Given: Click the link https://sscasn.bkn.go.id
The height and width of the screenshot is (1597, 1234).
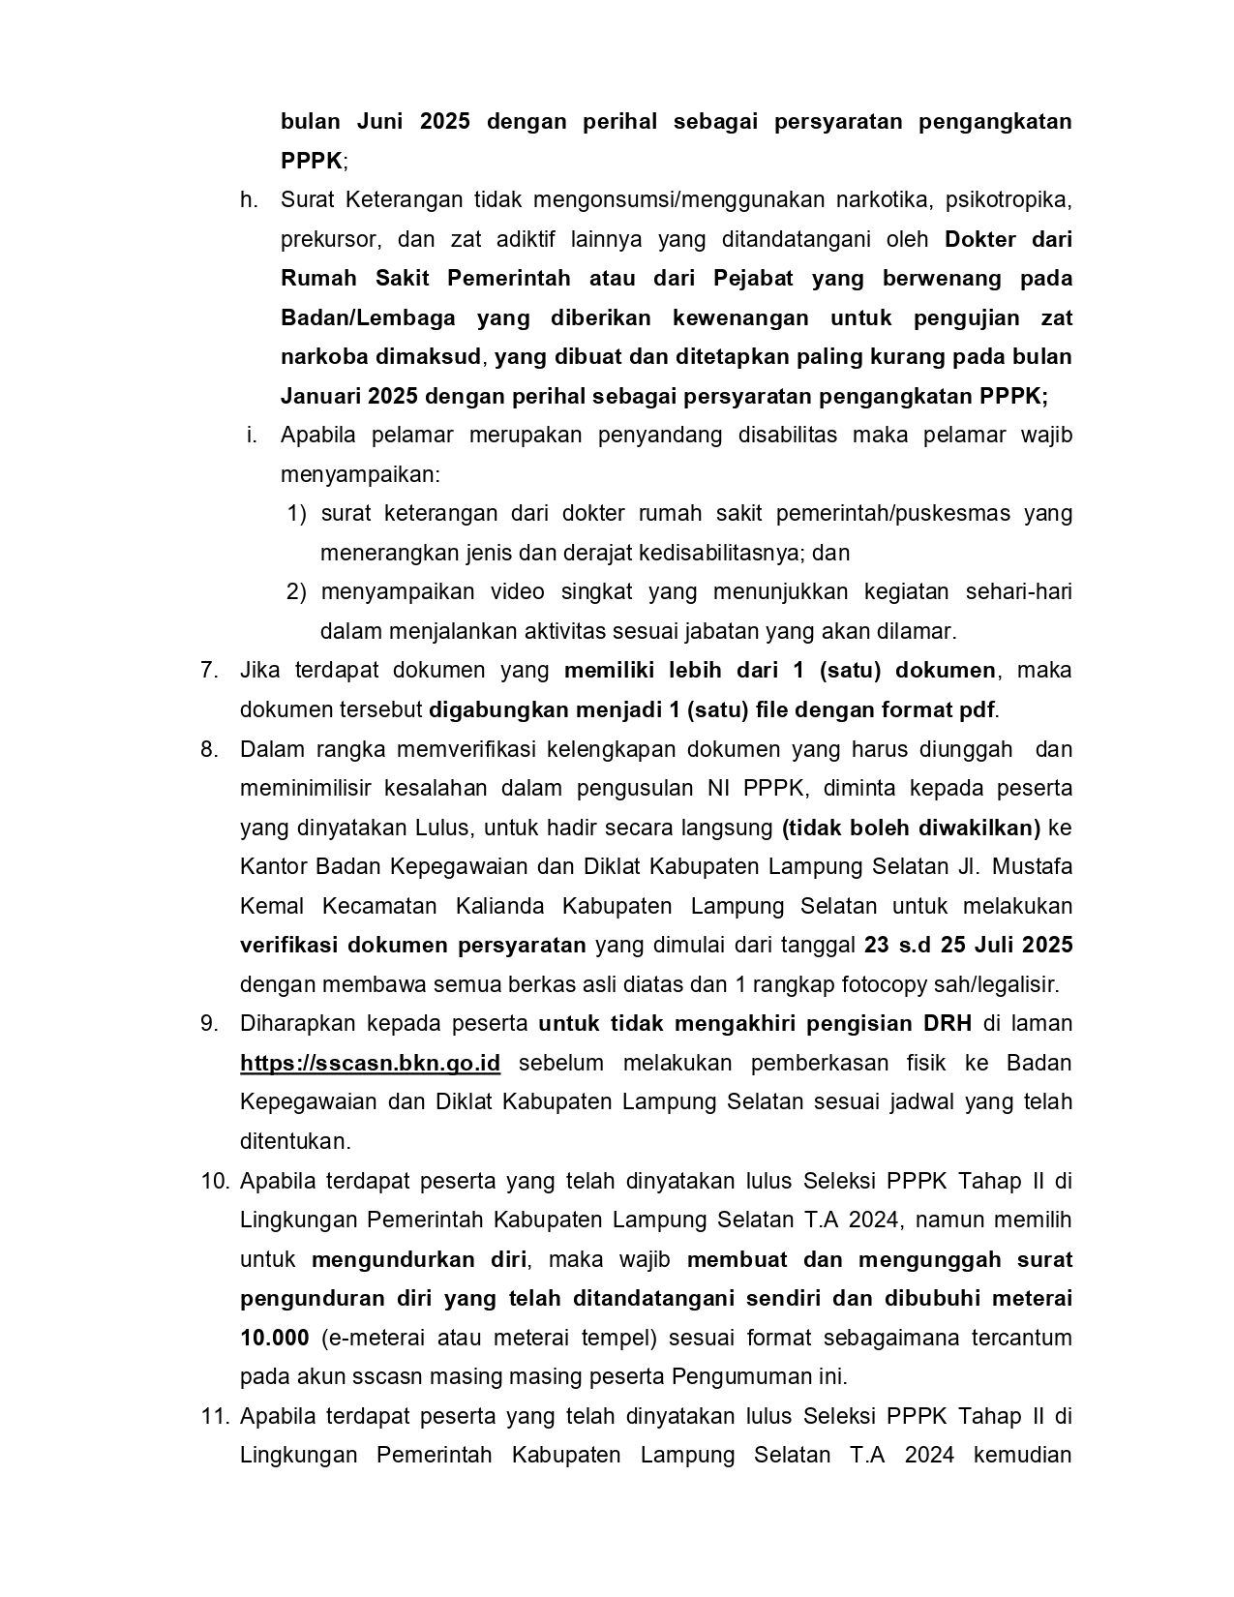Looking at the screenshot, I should [x=370, y=1063].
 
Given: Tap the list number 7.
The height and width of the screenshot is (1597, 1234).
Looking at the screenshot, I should [x=208, y=670].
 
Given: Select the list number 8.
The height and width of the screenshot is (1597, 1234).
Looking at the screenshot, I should [x=208, y=749].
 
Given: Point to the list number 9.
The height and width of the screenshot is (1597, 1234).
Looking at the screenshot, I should [x=208, y=1023].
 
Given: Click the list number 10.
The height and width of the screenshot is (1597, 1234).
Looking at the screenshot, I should [x=214, y=1181].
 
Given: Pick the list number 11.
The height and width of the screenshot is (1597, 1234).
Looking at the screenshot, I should [x=214, y=1416].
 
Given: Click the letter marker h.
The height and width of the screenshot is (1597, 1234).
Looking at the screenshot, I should [x=250, y=199].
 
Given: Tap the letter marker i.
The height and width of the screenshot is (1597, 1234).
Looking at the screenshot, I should [x=252, y=435].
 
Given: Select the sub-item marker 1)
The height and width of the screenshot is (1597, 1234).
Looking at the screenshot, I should [x=296, y=513].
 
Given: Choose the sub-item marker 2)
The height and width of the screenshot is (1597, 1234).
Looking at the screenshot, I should [x=296, y=591].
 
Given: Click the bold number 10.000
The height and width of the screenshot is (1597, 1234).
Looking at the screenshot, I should [x=274, y=1338].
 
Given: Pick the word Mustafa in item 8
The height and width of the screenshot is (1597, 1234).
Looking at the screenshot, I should [x=1035, y=866].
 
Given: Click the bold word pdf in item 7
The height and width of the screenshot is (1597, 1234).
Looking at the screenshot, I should [x=977, y=709].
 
